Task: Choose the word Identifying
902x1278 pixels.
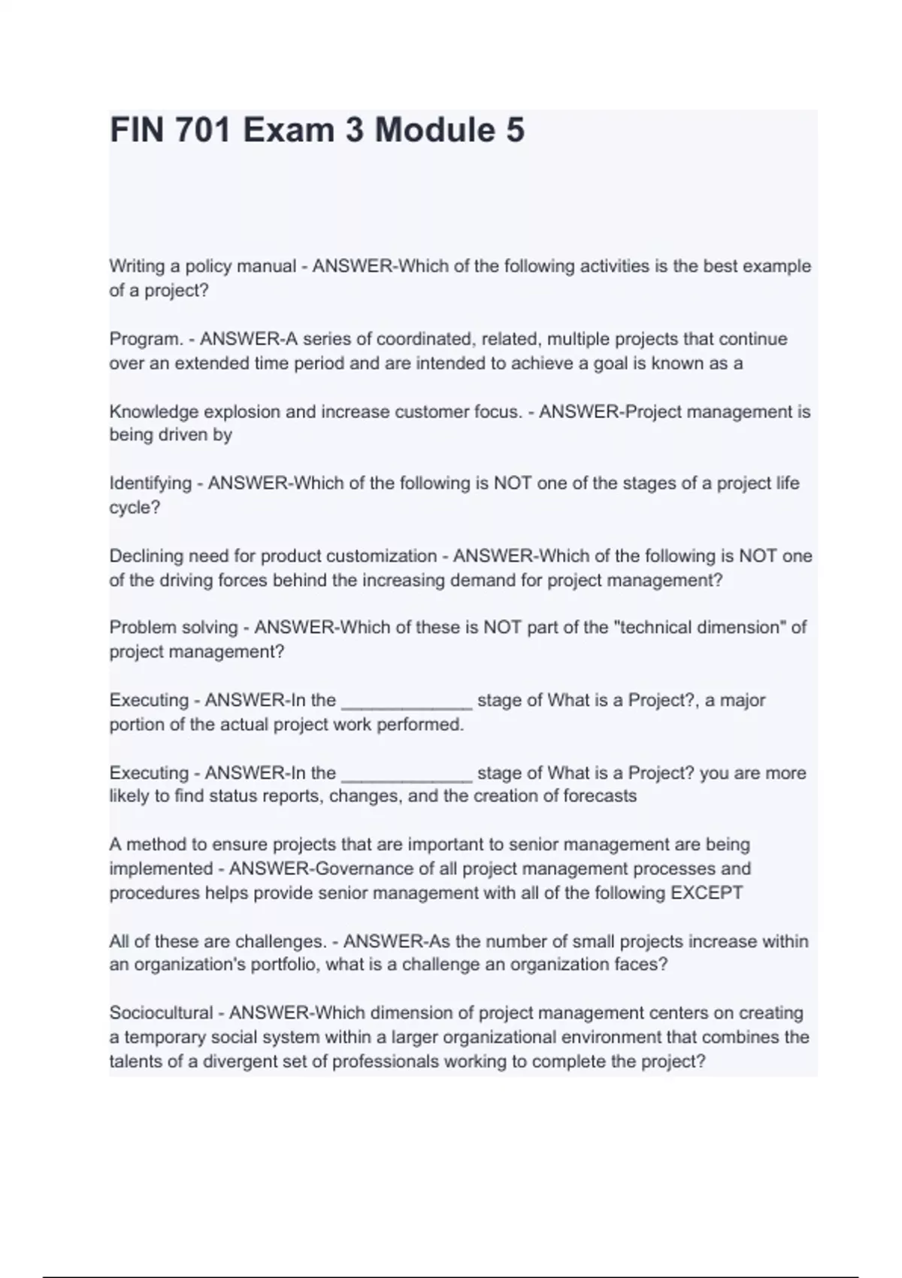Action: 150,483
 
